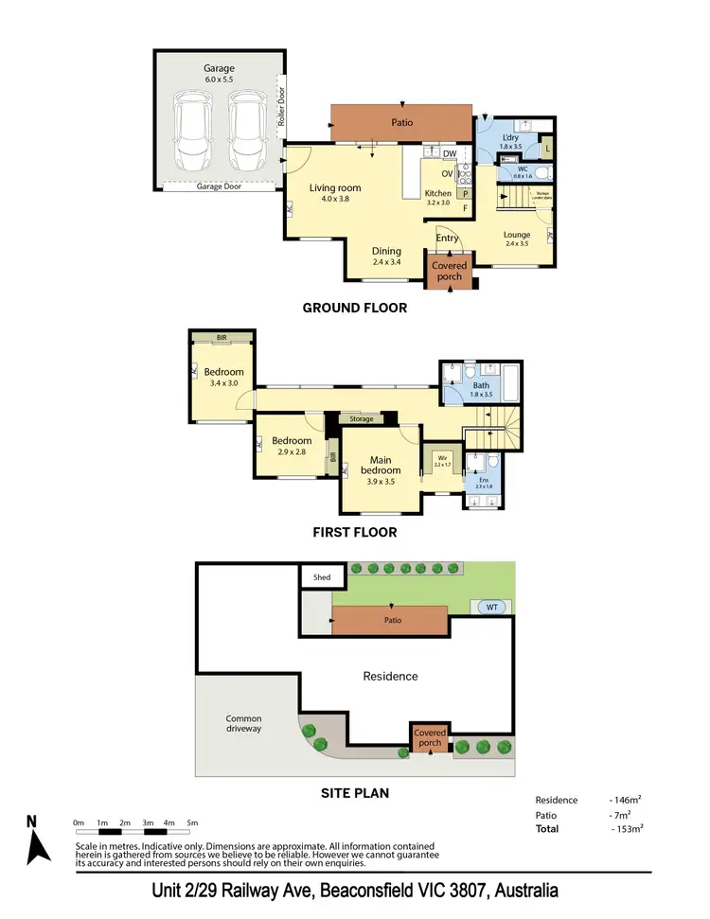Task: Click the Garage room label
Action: (218, 68)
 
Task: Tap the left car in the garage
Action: (192, 130)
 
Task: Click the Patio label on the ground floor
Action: (401, 123)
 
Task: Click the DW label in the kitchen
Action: (450, 153)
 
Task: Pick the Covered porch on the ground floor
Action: (450, 271)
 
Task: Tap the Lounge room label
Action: (516, 235)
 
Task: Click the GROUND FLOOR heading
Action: (354, 308)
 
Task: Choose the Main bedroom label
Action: (380, 465)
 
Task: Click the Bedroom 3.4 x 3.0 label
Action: (223, 372)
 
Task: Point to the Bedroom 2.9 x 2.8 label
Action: (291, 441)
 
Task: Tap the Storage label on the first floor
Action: (361, 418)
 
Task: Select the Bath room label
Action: (481, 385)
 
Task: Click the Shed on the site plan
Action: (315, 576)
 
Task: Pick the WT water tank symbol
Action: (491, 607)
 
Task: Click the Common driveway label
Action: (243, 724)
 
